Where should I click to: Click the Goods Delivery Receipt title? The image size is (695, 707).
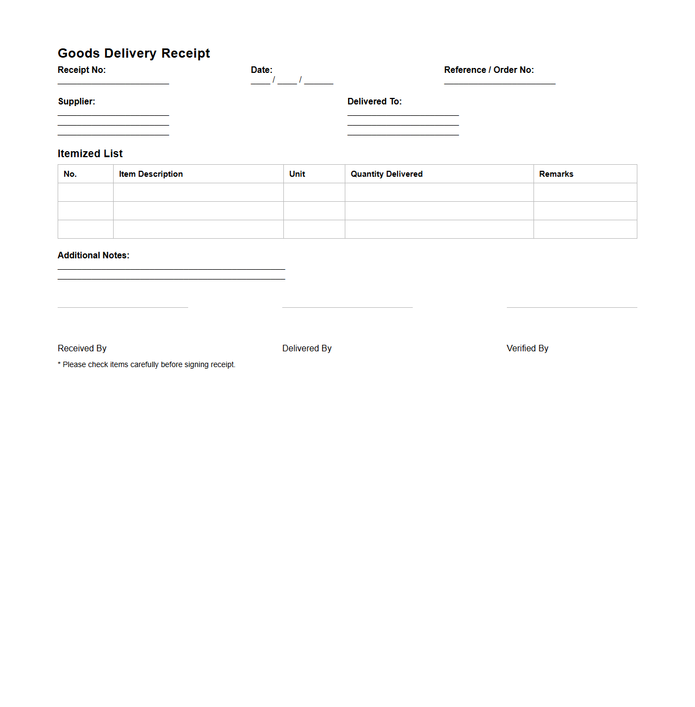(134, 53)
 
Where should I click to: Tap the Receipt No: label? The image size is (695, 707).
(82, 70)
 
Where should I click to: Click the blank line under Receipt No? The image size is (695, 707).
(113, 83)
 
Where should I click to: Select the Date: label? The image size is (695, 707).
(262, 70)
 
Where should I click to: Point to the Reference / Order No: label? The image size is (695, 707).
(489, 70)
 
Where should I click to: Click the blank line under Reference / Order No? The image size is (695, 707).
(499, 83)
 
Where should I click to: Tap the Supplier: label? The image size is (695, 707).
(77, 102)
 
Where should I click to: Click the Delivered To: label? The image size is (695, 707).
(375, 102)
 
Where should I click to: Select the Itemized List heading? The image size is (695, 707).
(90, 154)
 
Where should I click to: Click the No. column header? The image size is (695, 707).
(70, 174)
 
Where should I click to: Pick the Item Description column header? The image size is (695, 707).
(151, 174)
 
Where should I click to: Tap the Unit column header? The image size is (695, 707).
(297, 174)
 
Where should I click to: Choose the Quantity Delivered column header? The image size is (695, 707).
(387, 174)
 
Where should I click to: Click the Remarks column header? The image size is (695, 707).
(556, 174)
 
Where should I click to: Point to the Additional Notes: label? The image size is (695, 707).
(94, 256)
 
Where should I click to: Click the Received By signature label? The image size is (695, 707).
(82, 349)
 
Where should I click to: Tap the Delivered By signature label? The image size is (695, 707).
(307, 349)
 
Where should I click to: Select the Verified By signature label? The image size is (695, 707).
(528, 349)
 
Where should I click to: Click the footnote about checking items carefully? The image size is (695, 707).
(147, 365)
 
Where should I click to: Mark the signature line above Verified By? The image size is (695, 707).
(572, 307)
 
